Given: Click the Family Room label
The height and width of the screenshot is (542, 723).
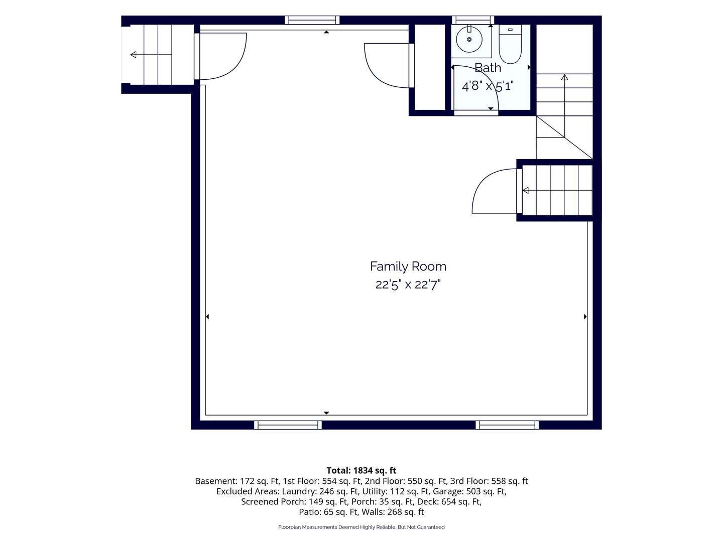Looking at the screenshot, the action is click(408, 266).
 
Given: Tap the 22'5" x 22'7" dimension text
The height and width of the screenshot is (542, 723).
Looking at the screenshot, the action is click(408, 285).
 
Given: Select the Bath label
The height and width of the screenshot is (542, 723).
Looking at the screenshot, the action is click(488, 68).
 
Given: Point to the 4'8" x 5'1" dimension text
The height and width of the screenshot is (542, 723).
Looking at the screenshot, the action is click(488, 86).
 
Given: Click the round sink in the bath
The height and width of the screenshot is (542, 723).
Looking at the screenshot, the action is click(469, 39).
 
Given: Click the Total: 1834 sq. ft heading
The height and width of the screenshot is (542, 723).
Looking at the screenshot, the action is click(361, 470).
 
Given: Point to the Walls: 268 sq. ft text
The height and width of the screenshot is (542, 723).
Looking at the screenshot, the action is click(393, 512).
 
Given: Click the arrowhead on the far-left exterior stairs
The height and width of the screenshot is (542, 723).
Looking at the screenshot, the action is click(133, 55).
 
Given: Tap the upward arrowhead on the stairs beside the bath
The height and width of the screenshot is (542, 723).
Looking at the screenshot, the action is click(564, 77).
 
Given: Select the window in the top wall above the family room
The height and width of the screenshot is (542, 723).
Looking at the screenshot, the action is click(312, 20).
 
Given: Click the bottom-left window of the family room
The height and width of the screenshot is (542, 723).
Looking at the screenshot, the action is click(288, 425).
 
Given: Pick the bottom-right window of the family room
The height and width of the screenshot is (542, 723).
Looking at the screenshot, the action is click(507, 425).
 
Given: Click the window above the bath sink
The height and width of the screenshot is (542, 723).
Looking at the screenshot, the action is click(473, 20).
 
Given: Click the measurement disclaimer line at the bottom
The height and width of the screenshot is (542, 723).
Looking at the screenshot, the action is click(361, 527).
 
